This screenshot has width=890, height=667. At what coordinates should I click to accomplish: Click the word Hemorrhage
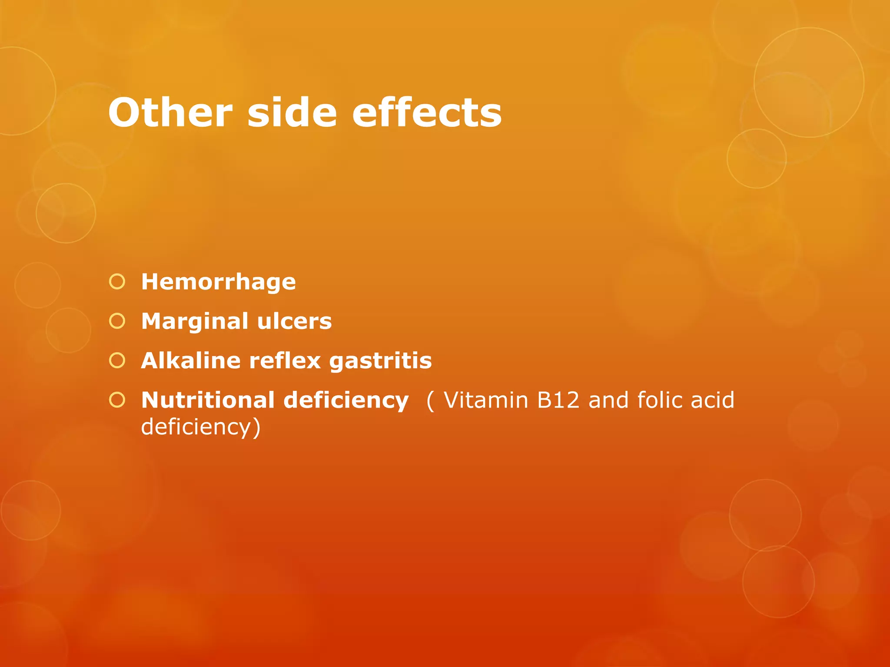click(x=219, y=282)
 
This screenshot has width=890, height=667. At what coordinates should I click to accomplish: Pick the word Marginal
click(x=195, y=322)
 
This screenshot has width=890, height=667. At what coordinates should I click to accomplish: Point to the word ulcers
click(x=294, y=322)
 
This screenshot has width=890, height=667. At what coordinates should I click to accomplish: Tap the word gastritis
click(x=380, y=361)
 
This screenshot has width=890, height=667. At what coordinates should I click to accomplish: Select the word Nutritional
click(x=208, y=400)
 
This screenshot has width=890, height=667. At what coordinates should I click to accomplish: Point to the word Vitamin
click(x=486, y=400)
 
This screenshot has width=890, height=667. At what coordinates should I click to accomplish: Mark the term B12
click(x=558, y=400)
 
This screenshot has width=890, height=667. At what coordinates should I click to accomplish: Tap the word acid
click(x=713, y=400)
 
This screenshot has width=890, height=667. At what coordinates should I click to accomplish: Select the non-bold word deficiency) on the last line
click(x=201, y=427)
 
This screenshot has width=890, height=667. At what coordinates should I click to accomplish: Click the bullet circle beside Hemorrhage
click(x=117, y=282)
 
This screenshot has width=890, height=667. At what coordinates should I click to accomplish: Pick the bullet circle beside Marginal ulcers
click(x=117, y=321)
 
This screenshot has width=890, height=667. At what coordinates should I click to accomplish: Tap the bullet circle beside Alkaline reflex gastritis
click(x=117, y=360)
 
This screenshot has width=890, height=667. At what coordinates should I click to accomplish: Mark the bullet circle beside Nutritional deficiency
click(x=117, y=400)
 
